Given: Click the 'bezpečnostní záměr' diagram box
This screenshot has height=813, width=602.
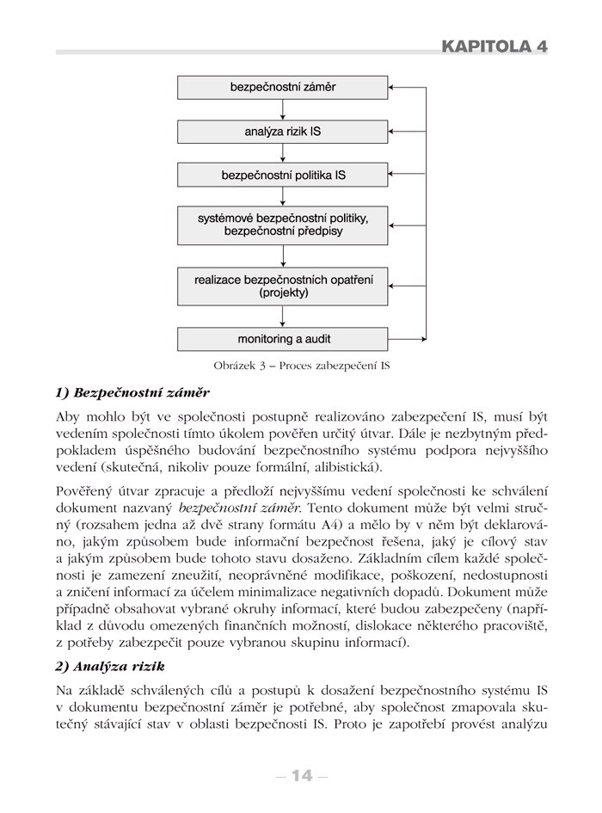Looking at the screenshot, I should point(284,88).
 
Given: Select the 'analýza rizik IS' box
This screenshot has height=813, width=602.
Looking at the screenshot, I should point(284,132).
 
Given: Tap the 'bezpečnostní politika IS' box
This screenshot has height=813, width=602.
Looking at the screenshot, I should point(284,176).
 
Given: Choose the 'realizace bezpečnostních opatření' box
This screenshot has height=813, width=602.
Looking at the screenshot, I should point(284,286).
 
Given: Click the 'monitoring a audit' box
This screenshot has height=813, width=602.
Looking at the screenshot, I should point(284,338).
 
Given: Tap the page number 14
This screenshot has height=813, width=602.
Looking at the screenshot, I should point(300,776).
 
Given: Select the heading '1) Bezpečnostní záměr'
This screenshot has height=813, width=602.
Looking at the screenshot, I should point(132,392).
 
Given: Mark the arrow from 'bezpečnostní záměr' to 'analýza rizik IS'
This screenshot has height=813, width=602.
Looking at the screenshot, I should point(284,110).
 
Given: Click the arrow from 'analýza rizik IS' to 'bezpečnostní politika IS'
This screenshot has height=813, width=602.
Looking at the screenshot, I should point(284,153).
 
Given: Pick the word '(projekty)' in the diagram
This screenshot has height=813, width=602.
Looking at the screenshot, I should point(284,293).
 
